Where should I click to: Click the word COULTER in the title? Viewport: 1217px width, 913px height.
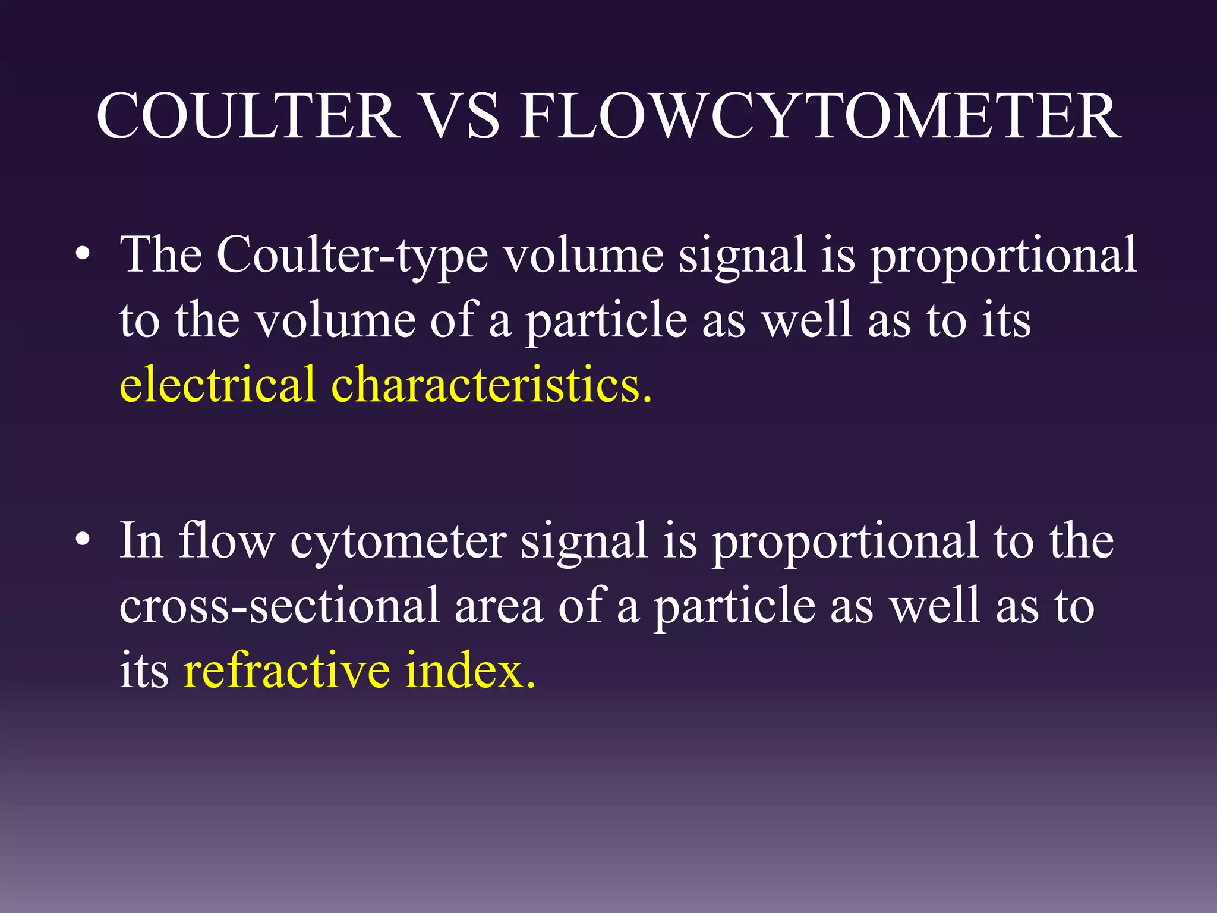(248, 116)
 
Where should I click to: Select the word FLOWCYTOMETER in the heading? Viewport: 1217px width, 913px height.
(820, 116)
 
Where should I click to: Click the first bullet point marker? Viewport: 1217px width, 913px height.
(83, 255)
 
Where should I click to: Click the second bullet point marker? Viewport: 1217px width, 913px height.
(83, 540)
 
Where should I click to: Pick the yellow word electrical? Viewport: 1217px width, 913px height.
(217, 385)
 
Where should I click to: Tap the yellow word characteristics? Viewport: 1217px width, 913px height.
(491, 385)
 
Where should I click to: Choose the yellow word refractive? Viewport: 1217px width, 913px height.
(286, 670)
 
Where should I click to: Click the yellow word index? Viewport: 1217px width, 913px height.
(470, 670)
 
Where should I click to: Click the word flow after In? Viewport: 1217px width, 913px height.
(226, 540)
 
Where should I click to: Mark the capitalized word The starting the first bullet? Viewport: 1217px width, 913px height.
(160, 254)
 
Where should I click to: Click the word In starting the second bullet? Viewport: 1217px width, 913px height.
(141, 540)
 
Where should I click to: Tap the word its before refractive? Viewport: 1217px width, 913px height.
(144, 670)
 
